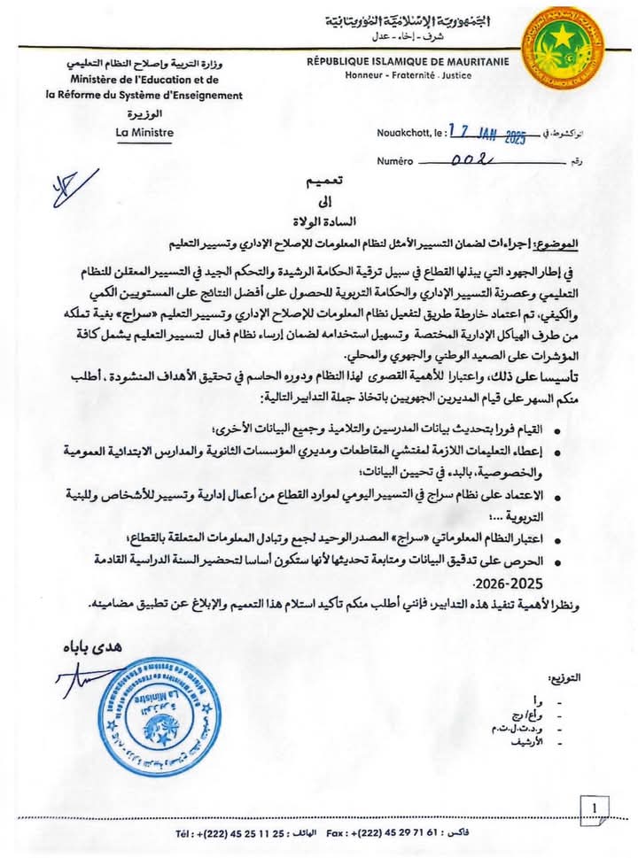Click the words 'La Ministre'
[x=144, y=133]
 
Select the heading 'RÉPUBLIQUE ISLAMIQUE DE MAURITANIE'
[x=408, y=61]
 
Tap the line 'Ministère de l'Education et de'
[x=144, y=81]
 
